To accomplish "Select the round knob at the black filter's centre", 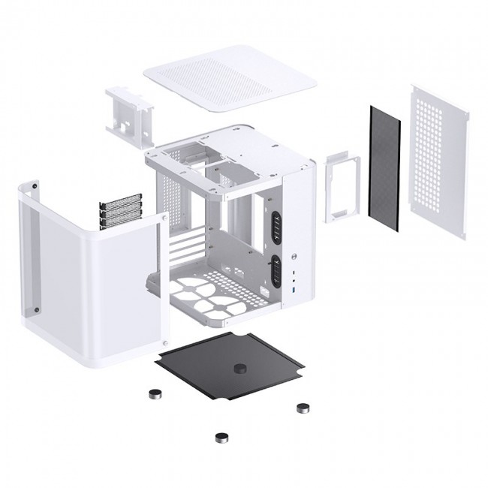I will coord(242,369).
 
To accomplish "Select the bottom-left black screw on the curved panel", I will coord(34,309).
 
